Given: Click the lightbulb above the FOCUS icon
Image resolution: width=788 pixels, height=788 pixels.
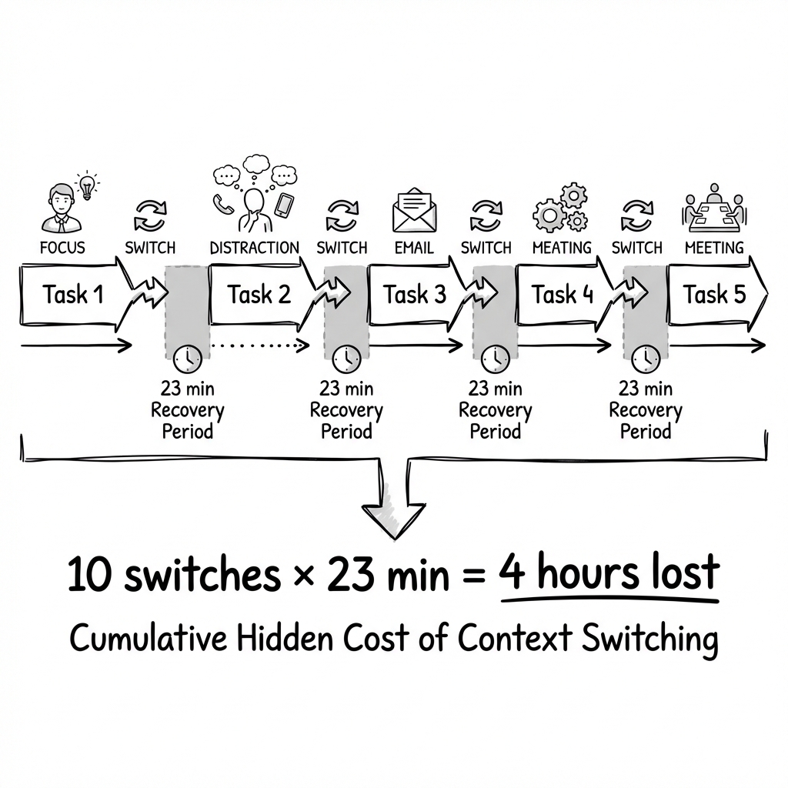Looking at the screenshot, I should tap(88, 184).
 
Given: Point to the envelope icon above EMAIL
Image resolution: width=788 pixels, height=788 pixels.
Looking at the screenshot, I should tap(414, 211).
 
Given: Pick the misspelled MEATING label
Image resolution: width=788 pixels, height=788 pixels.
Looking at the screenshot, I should tap(562, 248).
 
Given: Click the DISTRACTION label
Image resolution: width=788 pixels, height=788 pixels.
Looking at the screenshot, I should tap(254, 248).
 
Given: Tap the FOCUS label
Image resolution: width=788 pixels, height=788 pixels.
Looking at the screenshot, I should tap(64, 248).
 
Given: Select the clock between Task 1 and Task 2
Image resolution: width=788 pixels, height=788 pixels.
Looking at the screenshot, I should tap(187, 358).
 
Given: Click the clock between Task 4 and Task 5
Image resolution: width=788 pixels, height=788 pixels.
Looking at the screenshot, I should tap(645, 358).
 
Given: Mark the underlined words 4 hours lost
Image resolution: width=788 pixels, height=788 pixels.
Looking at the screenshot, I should tap(608, 575).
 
